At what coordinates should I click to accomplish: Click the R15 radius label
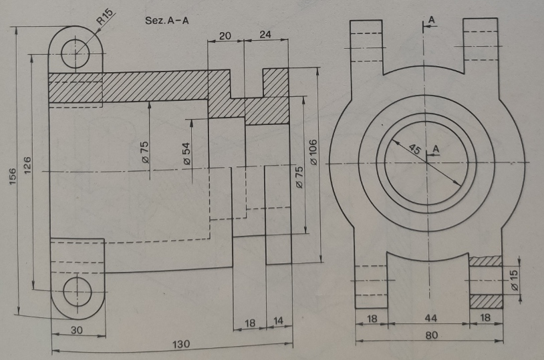pyautogui.click(x=105, y=16)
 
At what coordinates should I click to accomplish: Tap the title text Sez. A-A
pyautogui.click(x=167, y=21)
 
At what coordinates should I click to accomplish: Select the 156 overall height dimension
pyautogui.click(x=13, y=176)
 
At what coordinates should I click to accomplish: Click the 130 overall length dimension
pyautogui.click(x=181, y=344)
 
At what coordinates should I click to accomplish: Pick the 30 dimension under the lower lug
pyautogui.click(x=77, y=330)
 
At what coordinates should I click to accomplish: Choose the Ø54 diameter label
pyautogui.click(x=186, y=153)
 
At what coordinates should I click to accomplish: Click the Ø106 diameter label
pyautogui.click(x=313, y=152)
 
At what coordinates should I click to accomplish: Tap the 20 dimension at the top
pyautogui.click(x=225, y=35)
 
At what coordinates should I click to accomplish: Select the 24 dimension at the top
pyautogui.click(x=265, y=35)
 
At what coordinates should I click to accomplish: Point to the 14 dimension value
pyautogui.click(x=278, y=321)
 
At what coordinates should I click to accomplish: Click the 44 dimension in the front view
pyautogui.click(x=430, y=318)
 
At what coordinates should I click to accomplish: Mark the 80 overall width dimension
pyautogui.click(x=431, y=335)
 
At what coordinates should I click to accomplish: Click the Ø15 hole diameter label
pyautogui.click(x=514, y=280)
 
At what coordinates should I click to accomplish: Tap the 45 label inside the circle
pyautogui.click(x=415, y=149)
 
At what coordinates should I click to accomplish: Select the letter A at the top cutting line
pyautogui.click(x=431, y=20)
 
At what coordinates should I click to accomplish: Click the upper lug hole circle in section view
pyautogui.click(x=76, y=53)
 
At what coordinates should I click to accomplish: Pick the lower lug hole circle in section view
pyautogui.click(x=78, y=292)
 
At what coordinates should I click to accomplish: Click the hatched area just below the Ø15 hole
pyautogui.click(x=486, y=301)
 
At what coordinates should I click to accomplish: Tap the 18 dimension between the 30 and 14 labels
pyautogui.click(x=250, y=323)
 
